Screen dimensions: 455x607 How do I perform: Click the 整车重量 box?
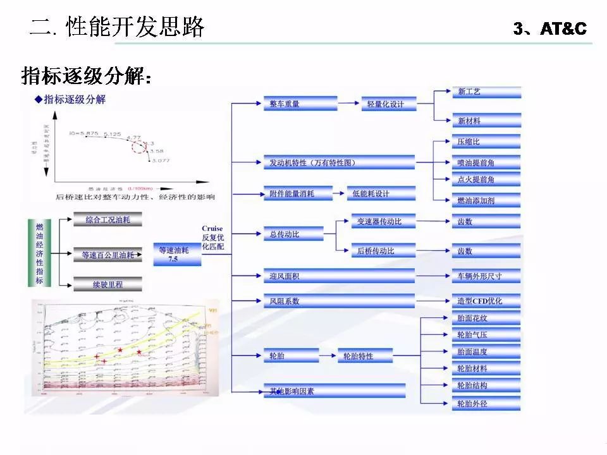[300, 104]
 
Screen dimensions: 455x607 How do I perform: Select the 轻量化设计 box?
[388, 104]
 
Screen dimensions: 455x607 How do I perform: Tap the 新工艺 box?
[486, 92]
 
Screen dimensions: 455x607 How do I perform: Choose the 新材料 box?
[486, 121]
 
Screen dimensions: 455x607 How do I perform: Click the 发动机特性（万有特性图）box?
[338, 162]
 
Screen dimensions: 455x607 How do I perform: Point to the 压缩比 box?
[486, 142]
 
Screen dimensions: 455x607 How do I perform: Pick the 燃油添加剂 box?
[486, 201]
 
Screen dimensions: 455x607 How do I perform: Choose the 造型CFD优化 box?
[486, 301]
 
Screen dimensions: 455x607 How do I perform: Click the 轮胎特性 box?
[365, 356]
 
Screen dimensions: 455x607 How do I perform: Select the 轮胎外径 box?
[486, 403]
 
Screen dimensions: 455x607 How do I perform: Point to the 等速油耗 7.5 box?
[177, 253]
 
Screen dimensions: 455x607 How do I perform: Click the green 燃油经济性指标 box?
[39, 253]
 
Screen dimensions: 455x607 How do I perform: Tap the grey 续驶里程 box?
[107, 284]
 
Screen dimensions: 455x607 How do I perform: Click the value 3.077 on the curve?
[161, 162]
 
